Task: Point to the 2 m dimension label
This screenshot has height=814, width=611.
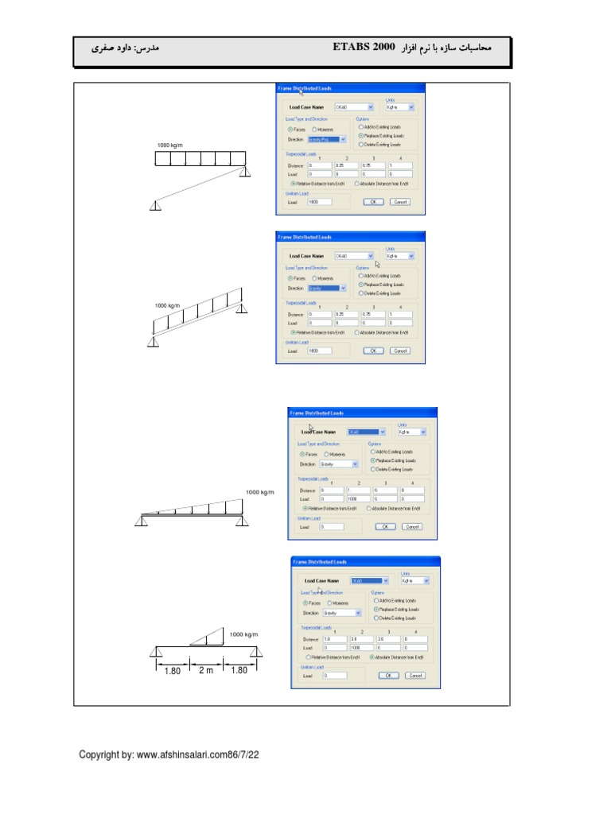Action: pyautogui.click(x=206, y=670)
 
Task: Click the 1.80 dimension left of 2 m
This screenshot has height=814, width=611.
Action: pyautogui.click(x=172, y=670)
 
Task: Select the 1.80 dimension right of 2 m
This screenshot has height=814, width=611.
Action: pyautogui.click(x=239, y=670)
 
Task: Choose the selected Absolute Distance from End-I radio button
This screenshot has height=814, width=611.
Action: pyautogui.click(x=373, y=657)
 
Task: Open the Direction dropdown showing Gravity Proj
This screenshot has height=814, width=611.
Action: pyautogui.click(x=328, y=139)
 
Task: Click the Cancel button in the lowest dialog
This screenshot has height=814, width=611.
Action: pyautogui.click(x=414, y=676)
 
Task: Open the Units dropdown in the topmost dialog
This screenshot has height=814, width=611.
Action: pyautogui.click(x=400, y=107)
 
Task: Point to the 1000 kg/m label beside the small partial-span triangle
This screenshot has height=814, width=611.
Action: pyautogui.click(x=244, y=634)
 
